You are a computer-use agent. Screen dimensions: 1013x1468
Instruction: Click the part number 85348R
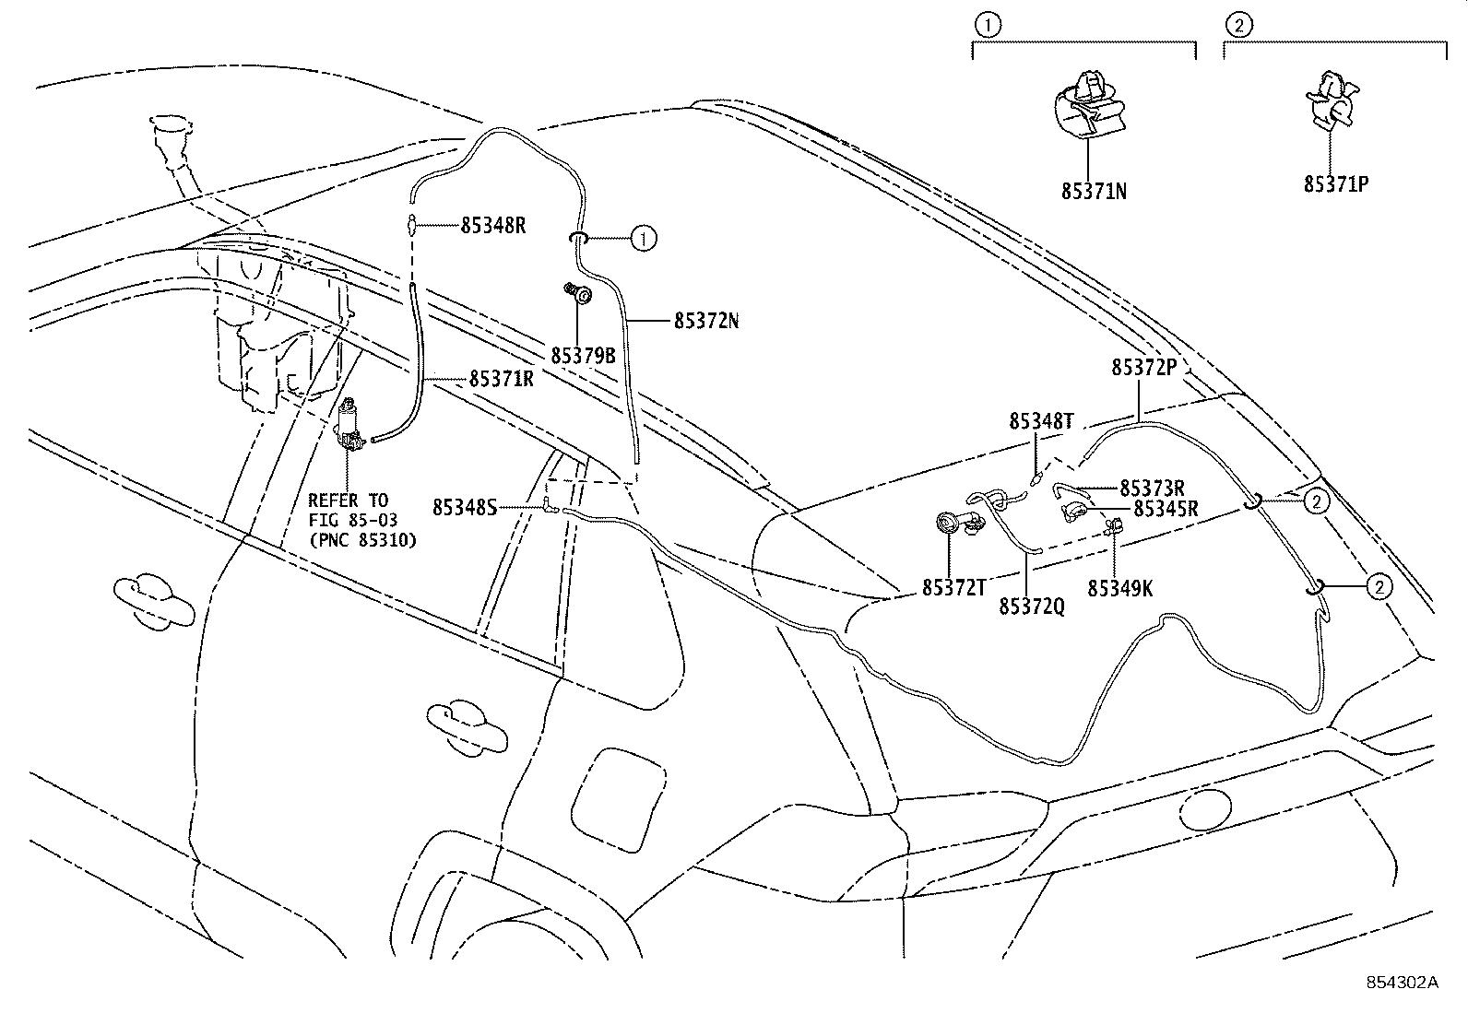coord(492,225)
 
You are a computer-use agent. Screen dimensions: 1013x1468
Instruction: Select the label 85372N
coord(706,321)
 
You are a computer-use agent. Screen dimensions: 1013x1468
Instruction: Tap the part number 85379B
coord(583,355)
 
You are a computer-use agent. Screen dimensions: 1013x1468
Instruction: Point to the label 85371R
coord(502,378)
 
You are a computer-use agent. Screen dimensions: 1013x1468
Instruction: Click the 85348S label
coord(465,507)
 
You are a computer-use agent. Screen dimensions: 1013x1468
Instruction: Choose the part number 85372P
coord(1143,367)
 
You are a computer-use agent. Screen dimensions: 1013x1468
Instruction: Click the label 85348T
coord(1041,421)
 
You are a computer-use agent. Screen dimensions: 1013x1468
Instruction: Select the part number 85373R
coord(1152,488)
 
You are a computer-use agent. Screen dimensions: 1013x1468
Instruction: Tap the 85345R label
coord(1165,508)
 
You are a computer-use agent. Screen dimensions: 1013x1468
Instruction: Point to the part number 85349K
coord(1120,588)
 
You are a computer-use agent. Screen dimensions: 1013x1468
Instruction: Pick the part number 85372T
coord(953,588)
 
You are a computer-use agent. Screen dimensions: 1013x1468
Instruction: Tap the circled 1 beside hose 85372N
coord(644,239)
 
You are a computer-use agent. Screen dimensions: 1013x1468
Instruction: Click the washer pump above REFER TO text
coord(350,427)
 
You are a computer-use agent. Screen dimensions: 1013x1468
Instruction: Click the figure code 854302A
coord(1402,983)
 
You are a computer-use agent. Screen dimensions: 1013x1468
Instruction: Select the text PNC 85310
coord(362,540)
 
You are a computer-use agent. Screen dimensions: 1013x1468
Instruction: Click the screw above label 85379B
coord(580,294)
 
